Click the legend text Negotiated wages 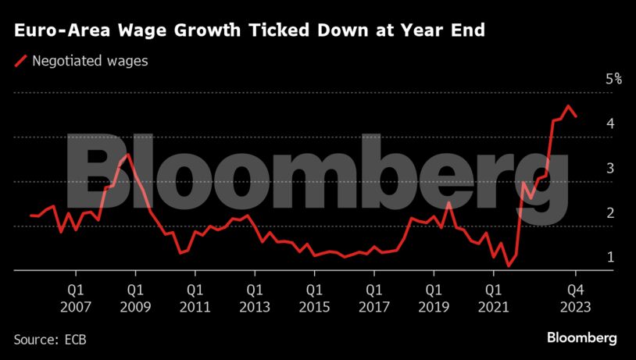click(90, 61)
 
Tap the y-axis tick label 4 click(609, 123)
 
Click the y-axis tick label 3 click(609, 168)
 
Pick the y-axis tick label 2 click(609, 212)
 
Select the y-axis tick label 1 click(609, 257)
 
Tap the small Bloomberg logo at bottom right click(581, 338)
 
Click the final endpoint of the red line click(577, 116)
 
